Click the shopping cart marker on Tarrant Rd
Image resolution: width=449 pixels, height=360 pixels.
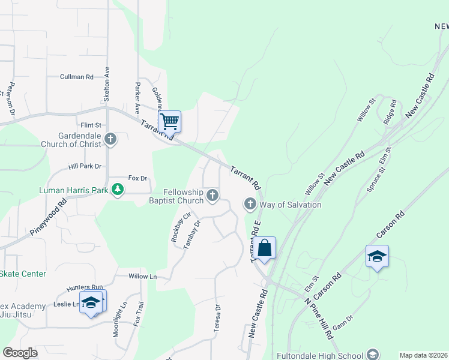170,121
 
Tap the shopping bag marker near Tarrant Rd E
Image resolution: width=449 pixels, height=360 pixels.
264,247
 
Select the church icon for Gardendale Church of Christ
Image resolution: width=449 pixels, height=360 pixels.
110,140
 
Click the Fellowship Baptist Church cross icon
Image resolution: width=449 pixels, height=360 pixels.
212,194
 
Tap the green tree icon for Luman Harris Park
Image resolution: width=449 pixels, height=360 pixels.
118,190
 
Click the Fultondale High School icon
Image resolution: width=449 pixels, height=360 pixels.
372,354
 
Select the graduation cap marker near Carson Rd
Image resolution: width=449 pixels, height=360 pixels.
377,256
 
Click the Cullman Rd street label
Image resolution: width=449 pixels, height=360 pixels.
76,77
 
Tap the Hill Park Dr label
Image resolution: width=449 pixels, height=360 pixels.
85,166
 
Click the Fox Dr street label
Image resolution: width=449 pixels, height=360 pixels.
137,178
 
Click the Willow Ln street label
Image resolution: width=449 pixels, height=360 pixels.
142,277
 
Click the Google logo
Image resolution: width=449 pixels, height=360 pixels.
20,353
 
